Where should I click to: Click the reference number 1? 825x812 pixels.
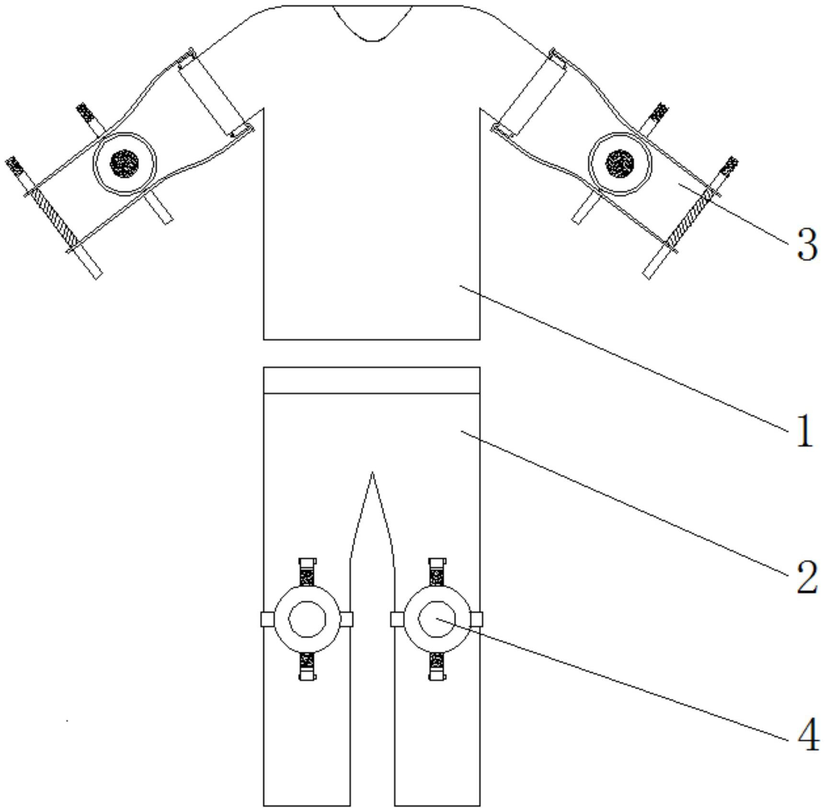(x=805, y=431)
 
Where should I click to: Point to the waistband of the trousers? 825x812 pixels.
(x=372, y=380)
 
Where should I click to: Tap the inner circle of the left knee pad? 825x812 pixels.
(x=307, y=619)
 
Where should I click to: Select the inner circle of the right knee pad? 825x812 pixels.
(x=436, y=619)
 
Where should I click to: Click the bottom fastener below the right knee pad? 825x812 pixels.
(x=437, y=666)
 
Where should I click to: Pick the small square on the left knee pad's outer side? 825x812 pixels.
(x=267, y=619)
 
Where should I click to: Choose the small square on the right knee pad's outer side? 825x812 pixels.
(x=477, y=619)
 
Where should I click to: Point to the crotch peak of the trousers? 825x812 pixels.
(x=372, y=476)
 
